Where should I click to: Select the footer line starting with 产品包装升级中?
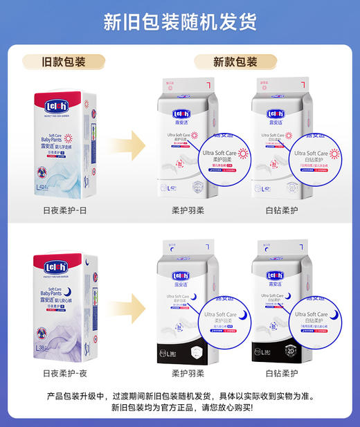180,397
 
